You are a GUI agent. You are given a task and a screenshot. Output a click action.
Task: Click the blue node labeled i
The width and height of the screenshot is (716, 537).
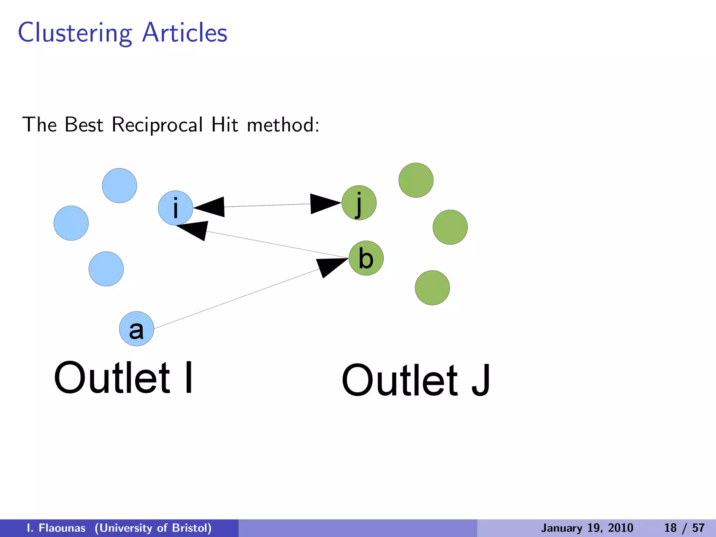click(x=176, y=208)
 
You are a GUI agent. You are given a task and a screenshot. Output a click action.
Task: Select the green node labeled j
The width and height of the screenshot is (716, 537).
click(x=359, y=203)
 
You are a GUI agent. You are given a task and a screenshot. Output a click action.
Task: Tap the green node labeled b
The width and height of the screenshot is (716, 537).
click(x=366, y=258)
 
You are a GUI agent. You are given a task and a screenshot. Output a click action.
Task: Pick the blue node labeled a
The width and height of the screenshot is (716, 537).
click(x=137, y=329)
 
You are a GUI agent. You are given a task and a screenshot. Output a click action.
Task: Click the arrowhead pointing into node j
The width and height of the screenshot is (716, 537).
click(x=323, y=203)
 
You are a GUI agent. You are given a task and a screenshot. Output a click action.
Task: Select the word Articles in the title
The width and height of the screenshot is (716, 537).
click(x=185, y=33)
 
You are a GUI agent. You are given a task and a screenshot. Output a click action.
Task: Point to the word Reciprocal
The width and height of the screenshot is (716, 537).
click(x=157, y=125)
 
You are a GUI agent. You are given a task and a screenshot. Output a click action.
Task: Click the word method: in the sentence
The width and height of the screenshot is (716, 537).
click(x=283, y=125)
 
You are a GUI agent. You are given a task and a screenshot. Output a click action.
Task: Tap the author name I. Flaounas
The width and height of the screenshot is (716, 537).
click(x=56, y=528)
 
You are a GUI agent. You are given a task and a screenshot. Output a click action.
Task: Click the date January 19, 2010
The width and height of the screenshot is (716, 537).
click(x=587, y=528)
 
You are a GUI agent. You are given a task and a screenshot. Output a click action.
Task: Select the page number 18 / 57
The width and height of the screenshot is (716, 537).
click(x=684, y=528)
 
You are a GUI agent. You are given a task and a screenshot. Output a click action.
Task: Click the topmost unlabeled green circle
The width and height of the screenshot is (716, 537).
click(x=416, y=180)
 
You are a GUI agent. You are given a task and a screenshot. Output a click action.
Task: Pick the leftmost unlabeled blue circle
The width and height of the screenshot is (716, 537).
click(x=71, y=223)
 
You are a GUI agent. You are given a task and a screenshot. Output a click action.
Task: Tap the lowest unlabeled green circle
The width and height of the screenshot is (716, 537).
click(x=432, y=288)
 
